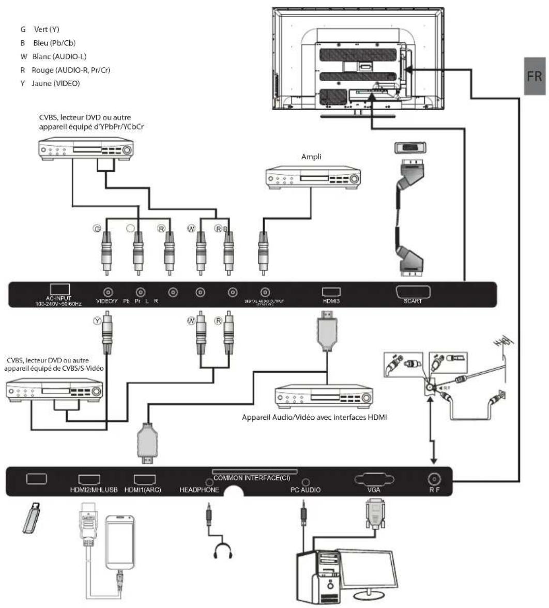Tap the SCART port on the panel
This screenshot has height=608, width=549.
pyautogui.click(x=413, y=293)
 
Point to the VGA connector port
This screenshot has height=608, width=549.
pyautogui.click(x=375, y=479)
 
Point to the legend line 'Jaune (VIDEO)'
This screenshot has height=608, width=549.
pyautogui.click(x=50, y=83)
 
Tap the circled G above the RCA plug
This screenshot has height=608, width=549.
pyautogui.click(x=96, y=227)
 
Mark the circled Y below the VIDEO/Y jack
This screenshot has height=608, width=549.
pyautogui.click(x=96, y=321)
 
